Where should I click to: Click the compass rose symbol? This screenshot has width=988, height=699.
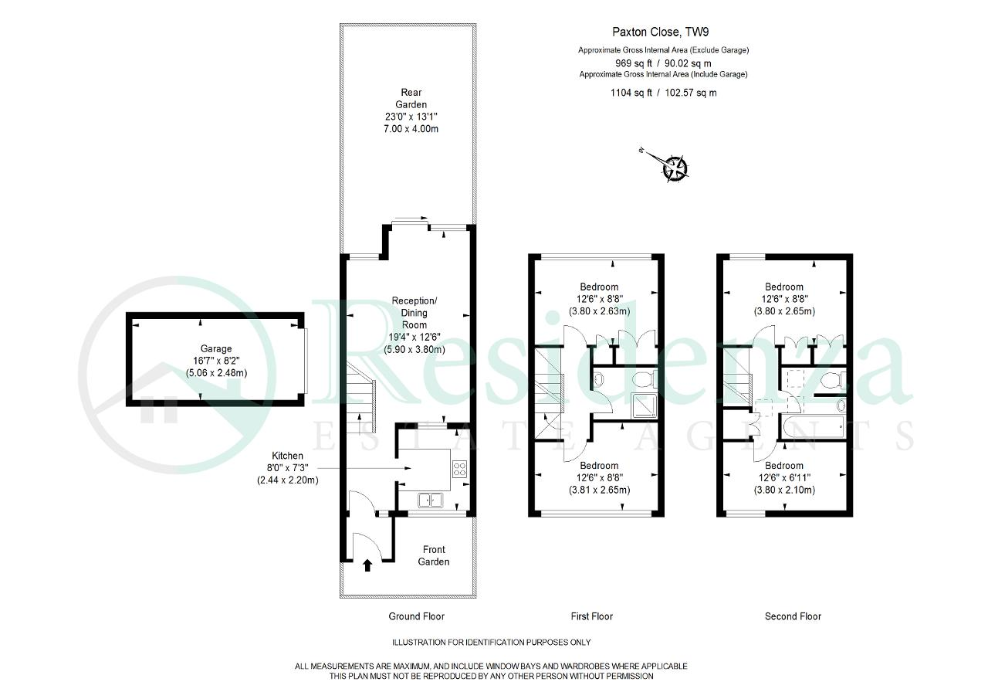click(674, 168)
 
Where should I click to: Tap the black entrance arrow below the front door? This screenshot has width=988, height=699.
click(367, 565)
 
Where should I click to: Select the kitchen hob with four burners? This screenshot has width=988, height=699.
click(459, 469)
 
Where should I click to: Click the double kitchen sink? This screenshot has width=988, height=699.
click(431, 500)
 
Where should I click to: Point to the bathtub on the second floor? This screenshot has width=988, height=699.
click(813, 426)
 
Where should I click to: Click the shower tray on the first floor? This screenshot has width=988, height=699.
click(645, 405)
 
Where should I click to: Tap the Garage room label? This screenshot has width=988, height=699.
click(216, 348)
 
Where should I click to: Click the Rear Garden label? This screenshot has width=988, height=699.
click(411, 98)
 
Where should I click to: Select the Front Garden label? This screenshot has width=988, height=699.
click(434, 555)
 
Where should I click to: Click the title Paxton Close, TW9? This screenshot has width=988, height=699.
click(660, 32)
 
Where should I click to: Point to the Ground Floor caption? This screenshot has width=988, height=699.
click(416, 616)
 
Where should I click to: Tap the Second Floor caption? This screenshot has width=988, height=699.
click(793, 616)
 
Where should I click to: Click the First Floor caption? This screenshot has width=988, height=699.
click(592, 616)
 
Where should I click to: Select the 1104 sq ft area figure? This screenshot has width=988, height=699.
click(631, 93)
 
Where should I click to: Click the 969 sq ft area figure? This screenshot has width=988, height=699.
click(634, 63)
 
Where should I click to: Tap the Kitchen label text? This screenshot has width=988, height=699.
click(287, 456)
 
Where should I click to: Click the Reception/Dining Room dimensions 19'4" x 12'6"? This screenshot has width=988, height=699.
click(414, 338)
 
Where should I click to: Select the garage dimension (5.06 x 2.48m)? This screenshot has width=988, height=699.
click(216, 373)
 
